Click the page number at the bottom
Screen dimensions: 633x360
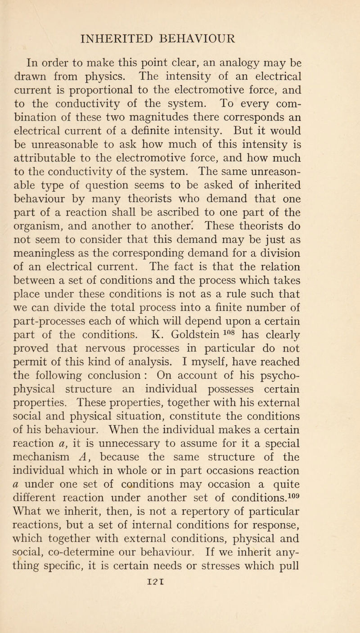(x=180, y=623)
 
